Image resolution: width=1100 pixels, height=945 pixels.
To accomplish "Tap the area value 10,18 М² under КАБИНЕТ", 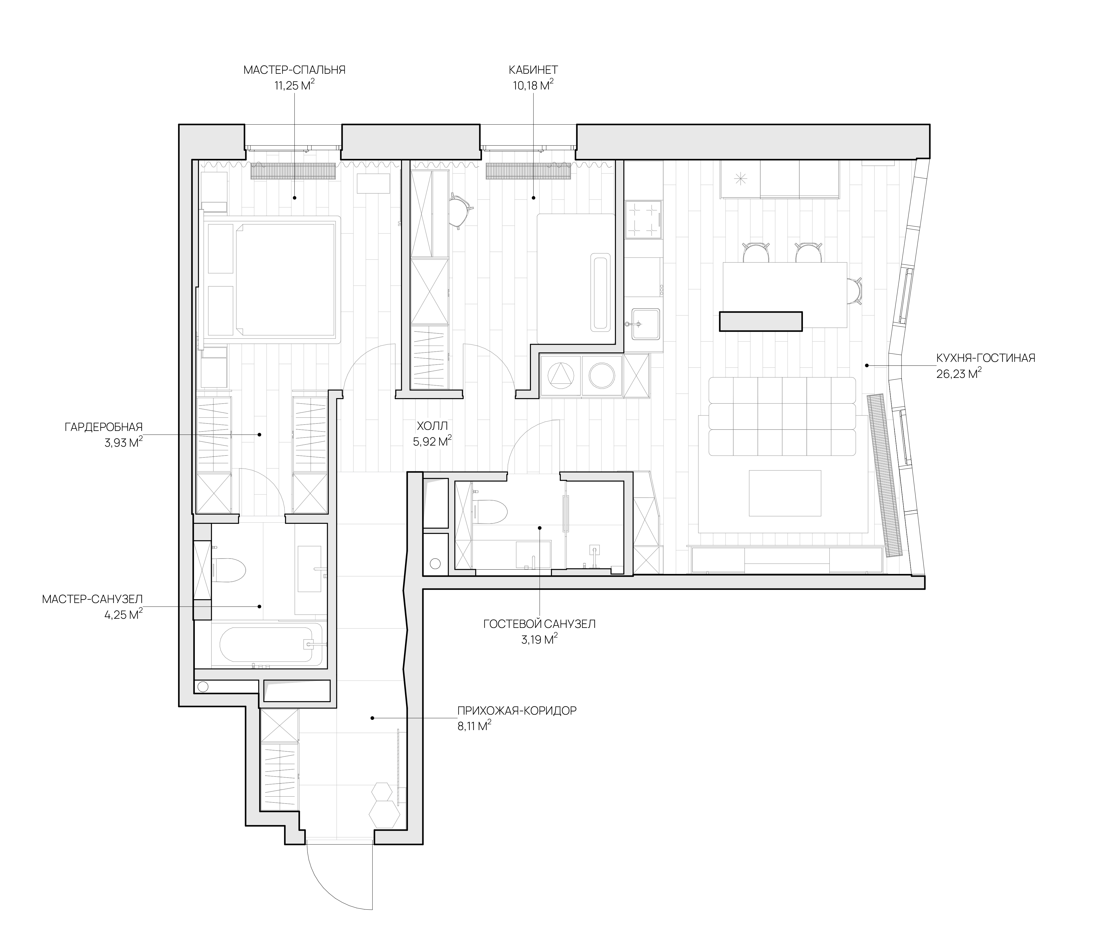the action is click(x=533, y=85).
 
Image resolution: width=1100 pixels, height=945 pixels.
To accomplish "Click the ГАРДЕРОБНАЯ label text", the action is click(x=104, y=427).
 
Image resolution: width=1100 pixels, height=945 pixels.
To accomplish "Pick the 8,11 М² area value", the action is click(x=474, y=725).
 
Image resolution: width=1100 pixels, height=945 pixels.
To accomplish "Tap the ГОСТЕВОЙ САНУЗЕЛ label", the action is click(x=539, y=624).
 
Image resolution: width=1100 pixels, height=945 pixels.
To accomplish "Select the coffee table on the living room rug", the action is click(x=785, y=493).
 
